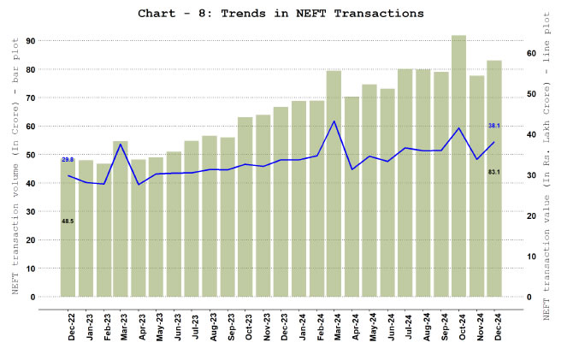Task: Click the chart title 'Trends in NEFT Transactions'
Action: point(281,14)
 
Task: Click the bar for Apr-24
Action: point(351,197)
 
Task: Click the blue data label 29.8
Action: point(68,160)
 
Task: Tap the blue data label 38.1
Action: point(494,126)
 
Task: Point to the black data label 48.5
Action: point(68,221)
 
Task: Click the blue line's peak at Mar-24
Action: point(334,121)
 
